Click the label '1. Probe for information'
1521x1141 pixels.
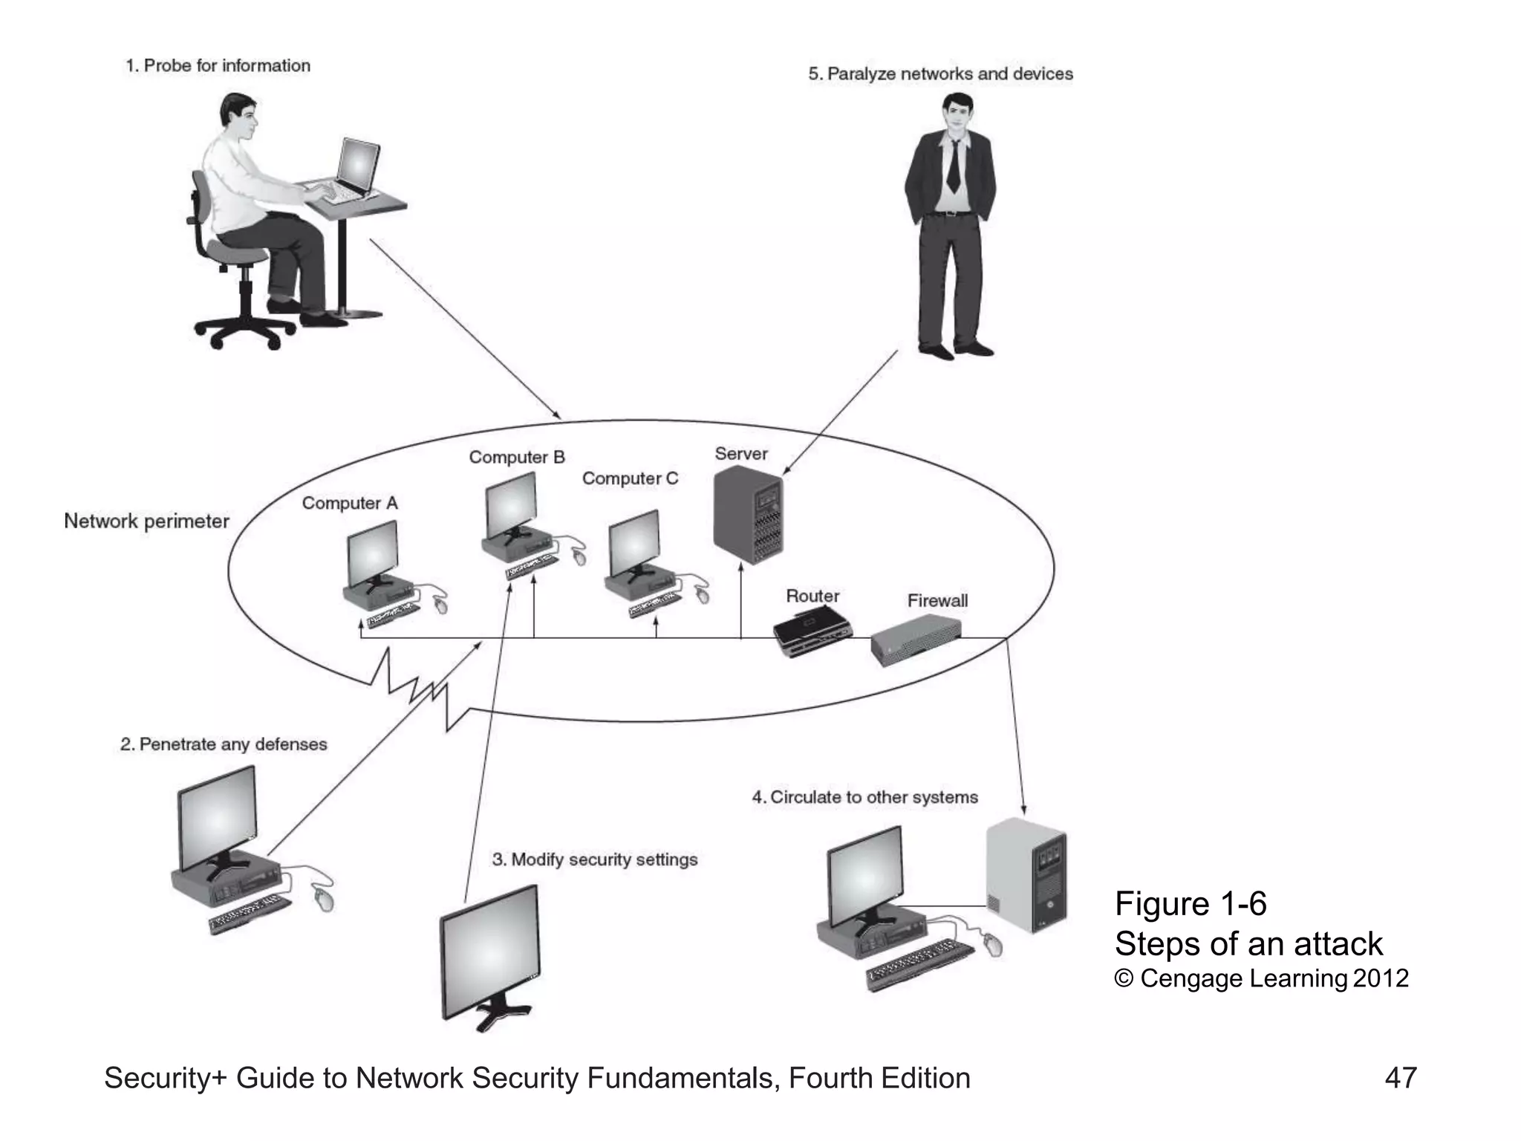click(x=218, y=65)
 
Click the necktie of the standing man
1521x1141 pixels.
click(x=953, y=168)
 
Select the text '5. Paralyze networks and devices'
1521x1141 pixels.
click(x=940, y=74)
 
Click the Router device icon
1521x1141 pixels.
click(x=811, y=632)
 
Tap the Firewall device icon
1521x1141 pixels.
click(x=915, y=640)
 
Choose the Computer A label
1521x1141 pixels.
click(x=349, y=503)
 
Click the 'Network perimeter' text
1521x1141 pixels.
click(x=146, y=521)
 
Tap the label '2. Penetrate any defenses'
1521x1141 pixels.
click(x=224, y=744)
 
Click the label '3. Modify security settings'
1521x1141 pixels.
click(x=595, y=859)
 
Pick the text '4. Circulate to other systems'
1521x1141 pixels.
click(x=864, y=797)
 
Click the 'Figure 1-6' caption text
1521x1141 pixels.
click(x=1190, y=903)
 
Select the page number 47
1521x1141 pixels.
click(x=1400, y=1077)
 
